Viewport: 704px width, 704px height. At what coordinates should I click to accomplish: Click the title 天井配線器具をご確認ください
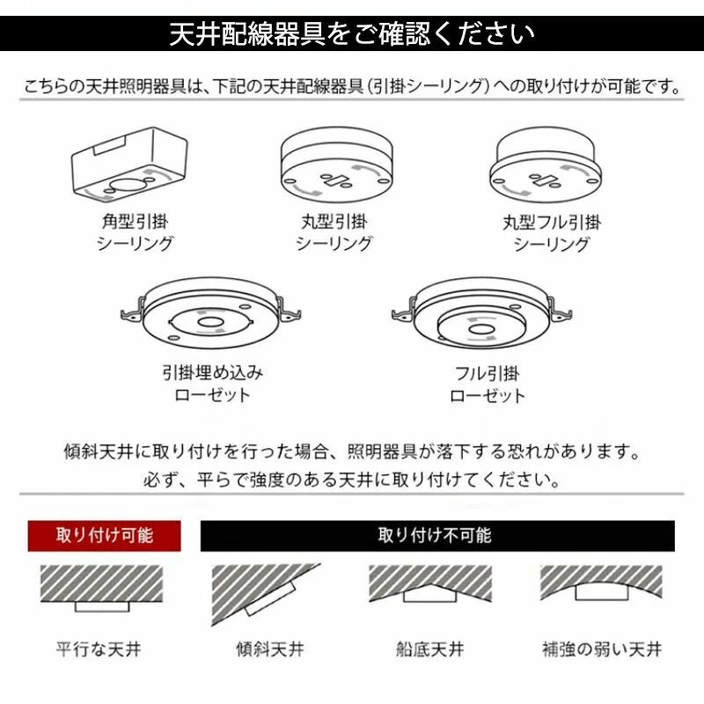tap(352, 33)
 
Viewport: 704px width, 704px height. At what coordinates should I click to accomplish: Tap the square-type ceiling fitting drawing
tap(129, 163)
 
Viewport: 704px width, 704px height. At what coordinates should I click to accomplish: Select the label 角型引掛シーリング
tap(135, 232)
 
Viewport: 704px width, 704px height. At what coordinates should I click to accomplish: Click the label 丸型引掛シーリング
tap(334, 232)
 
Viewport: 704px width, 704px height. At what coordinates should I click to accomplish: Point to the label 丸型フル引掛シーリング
tap(552, 233)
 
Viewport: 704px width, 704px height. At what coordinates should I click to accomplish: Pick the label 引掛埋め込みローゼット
tap(212, 384)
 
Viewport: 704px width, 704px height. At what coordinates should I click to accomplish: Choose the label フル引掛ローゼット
tap(488, 385)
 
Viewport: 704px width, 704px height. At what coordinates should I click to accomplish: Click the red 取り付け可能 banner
tap(104, 536)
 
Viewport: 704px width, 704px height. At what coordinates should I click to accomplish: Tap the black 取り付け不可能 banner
tap(437, 536)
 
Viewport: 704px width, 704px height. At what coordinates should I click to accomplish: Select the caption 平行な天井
tap(99, 649)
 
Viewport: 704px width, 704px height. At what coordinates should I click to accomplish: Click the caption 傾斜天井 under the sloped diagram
tap(270, 649)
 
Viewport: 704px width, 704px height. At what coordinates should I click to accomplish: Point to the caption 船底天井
tap(429, 649)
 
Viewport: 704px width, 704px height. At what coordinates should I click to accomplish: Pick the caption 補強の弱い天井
tap(602, 649)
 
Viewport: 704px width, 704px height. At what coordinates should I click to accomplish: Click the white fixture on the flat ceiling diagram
tap(102, 606)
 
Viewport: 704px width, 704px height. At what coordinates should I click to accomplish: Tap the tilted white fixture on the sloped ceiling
tap(270, 598)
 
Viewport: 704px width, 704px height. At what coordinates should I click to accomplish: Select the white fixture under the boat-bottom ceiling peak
tap(430, 595)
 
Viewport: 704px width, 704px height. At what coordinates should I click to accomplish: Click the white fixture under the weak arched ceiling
tap(602, 591)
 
